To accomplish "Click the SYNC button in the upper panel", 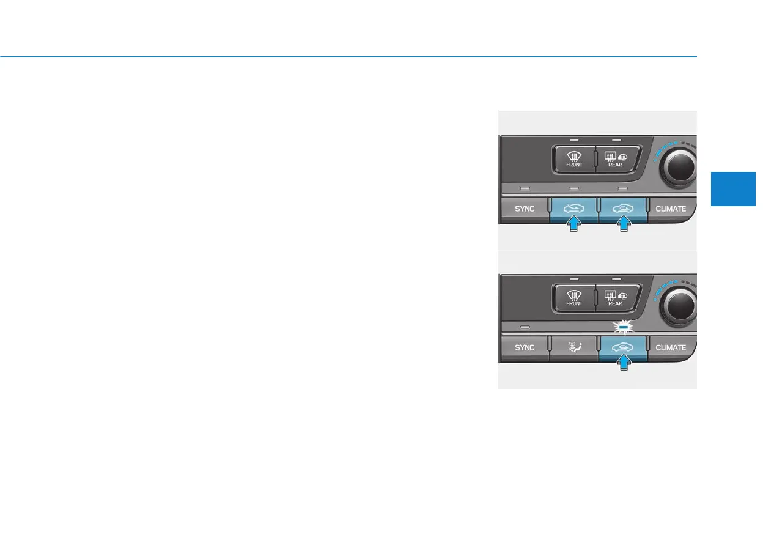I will pyautogui.click(x=524, y=209).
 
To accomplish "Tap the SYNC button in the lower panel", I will pyautogui.click(x=524, y=347).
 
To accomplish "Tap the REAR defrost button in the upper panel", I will pyautogui.click(x=615, y=159).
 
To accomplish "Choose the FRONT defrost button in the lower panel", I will pyautogui.click(x=574, y=298).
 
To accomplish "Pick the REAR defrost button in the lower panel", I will pyautogui.click(x=615, y=298).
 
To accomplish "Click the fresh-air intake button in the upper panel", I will pyautogui.click(x=573, y=208).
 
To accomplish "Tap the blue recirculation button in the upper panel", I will pyautogui.click(x=622, y=208).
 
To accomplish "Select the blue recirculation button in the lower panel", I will pyautogui.click(x=622, y=347).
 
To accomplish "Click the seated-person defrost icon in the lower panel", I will pyautogui.click(x=573, y=347).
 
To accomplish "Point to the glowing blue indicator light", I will pyautogui.click(x=622, y=327).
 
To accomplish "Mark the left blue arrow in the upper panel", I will pyautogui.click(x=573, y=226).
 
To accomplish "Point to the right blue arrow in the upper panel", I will pyautogui.click(x=622, y=226).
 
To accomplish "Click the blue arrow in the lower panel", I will pyautogui.click(x=622, y=365).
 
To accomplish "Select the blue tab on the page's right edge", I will pyautogui.click(x=734, y=188).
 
